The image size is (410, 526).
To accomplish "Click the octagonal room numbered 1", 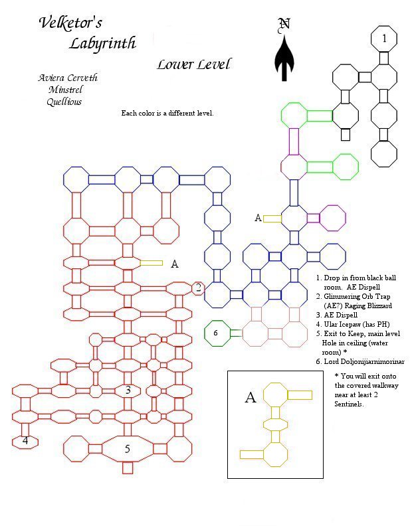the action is pos(384,39).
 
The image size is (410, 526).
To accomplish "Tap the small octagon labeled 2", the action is pos(198,288).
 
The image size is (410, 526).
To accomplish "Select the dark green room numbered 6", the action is pos(217,333).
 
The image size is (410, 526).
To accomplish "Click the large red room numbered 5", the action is pos(127,449).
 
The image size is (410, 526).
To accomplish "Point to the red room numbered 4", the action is pos(25,442).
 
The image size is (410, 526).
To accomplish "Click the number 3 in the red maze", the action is pos(128,390).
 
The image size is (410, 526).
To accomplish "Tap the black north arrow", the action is pos(284,58).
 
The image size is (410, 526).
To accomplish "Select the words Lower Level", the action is pos(194,64).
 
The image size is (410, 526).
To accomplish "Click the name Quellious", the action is pos(64,102).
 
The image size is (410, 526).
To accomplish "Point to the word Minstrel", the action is pos(65,90).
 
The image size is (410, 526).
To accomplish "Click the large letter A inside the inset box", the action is pos(251,397).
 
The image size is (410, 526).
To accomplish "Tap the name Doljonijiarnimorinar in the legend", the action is pos(364,361).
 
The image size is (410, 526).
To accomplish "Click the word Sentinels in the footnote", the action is pos(349,404).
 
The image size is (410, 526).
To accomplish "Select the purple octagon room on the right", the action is pos(332,218).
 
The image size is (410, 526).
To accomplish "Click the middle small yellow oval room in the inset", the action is pos(276,424).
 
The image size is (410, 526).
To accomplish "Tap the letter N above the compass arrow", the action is pos(284,24).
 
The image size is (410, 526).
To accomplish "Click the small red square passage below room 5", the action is pos(128,468).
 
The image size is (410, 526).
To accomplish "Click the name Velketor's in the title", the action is pos(70,23).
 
